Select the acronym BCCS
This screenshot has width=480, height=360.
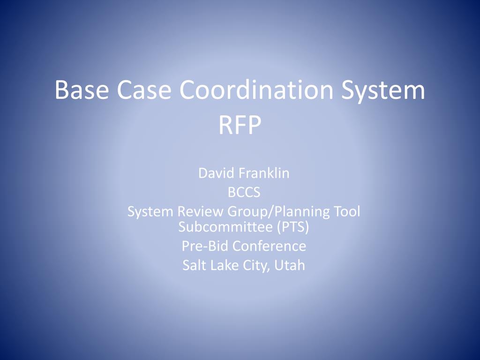240,192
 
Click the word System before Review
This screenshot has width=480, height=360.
150,211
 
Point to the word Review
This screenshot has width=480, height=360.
201,211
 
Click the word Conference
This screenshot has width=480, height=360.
269,246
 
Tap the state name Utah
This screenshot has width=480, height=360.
290,265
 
